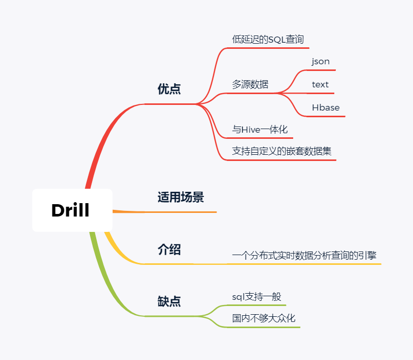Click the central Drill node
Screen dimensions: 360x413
[x=71, y=210]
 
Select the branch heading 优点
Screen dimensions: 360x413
[x=169, y=89]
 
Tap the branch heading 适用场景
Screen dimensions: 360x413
[x=181, y=197]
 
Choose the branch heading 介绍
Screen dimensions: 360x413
[x=169, y=250]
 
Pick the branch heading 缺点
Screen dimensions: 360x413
[x=169, y=301]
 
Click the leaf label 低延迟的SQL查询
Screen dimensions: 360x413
[x=267, y=39]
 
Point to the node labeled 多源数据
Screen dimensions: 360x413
[x=250, y=84]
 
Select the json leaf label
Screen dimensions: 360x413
[x=320, y=61]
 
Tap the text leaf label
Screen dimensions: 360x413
[x=320, y=84]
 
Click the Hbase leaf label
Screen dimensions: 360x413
[x=326, y=107]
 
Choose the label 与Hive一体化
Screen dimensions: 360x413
[x=260, y=130]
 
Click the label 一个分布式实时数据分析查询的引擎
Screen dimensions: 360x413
[x=307, y=255]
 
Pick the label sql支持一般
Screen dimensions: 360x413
[x=257, y=297]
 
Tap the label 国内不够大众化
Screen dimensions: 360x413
[x=263, y=318]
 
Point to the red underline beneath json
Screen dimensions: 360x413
[x=321, y=70]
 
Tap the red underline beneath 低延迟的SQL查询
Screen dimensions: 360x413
[x=267, y=48]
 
